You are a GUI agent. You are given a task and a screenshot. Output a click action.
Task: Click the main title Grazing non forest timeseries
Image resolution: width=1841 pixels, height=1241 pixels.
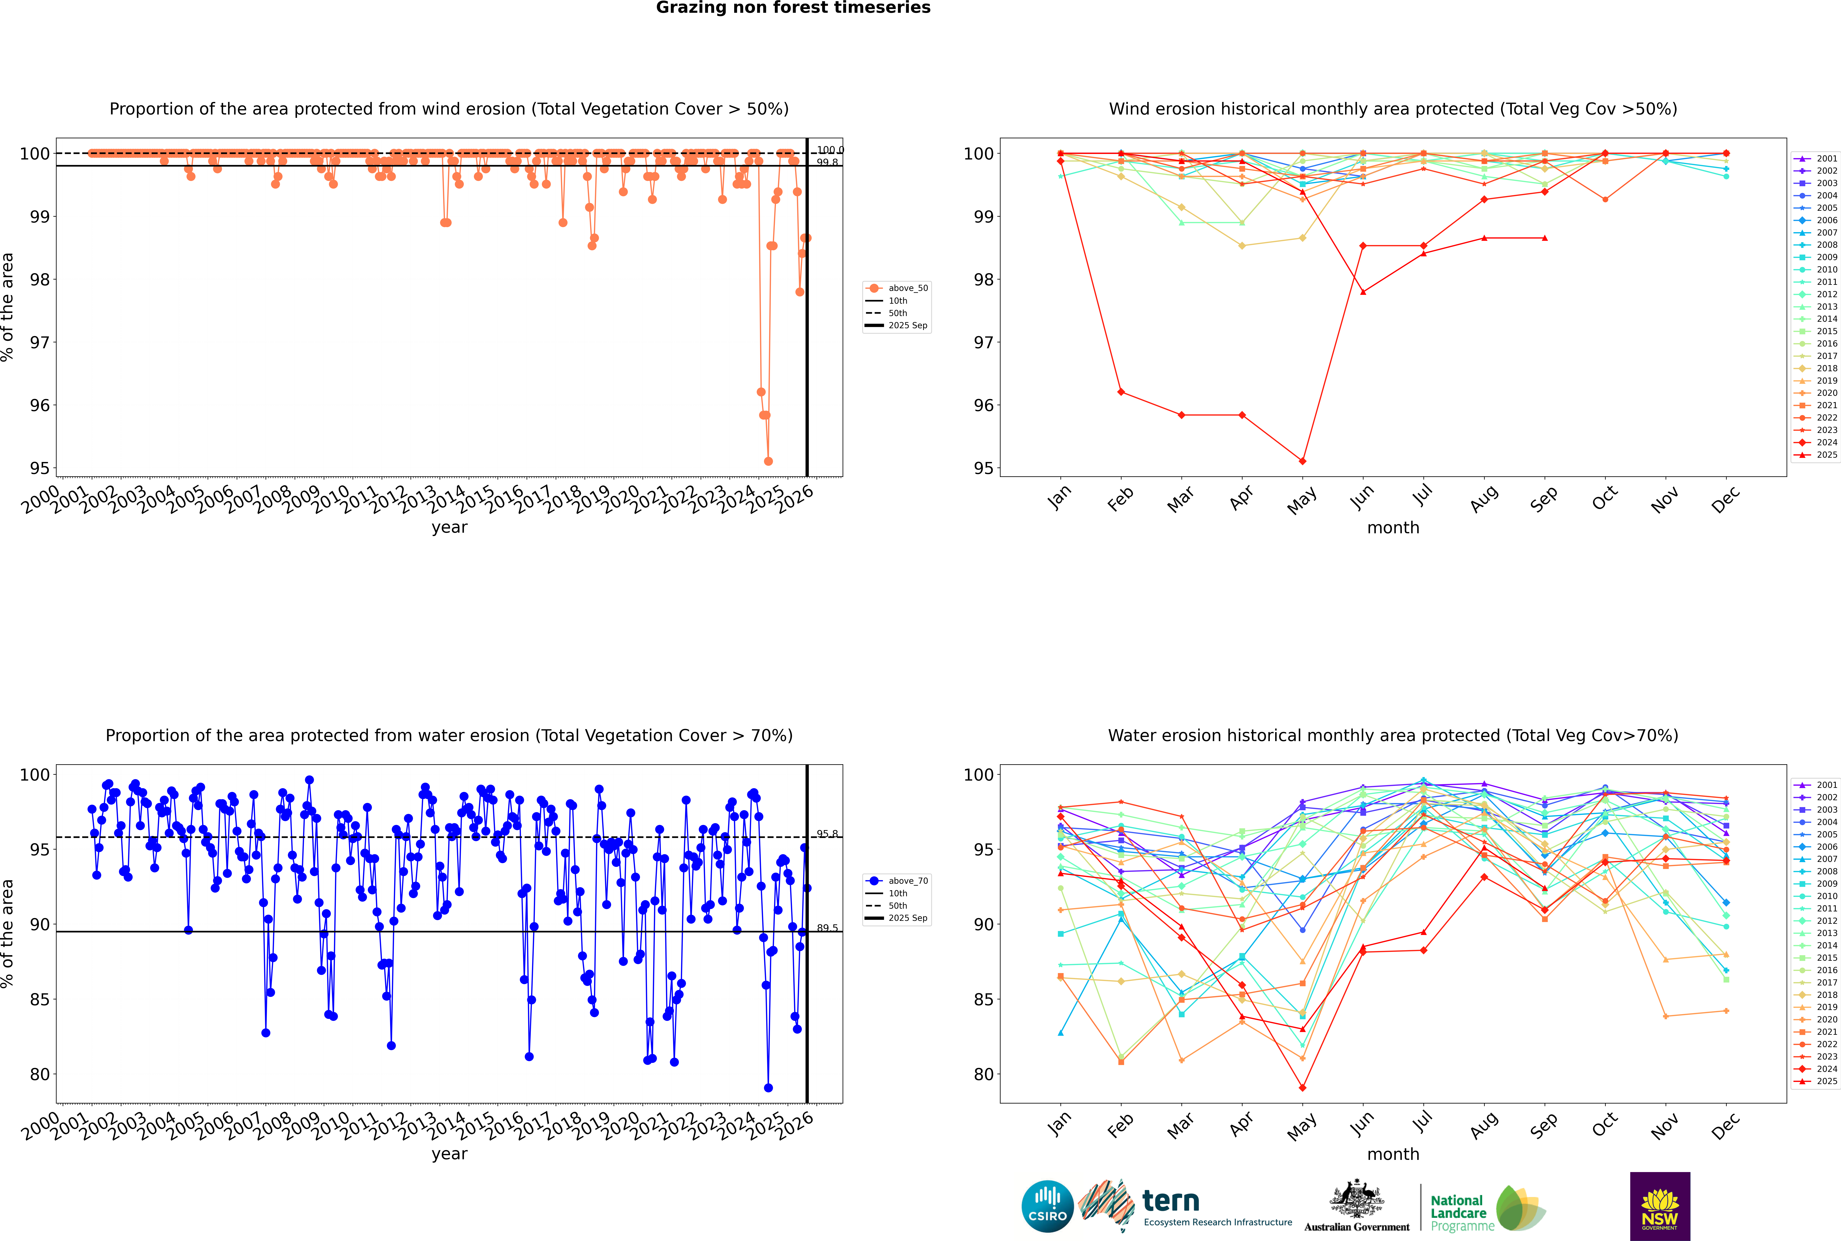[793, 8]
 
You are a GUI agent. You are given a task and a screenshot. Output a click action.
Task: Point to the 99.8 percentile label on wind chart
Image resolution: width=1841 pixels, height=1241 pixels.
[827, 162]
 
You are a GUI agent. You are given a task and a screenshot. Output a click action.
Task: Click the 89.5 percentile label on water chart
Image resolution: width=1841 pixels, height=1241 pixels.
[827, 928]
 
